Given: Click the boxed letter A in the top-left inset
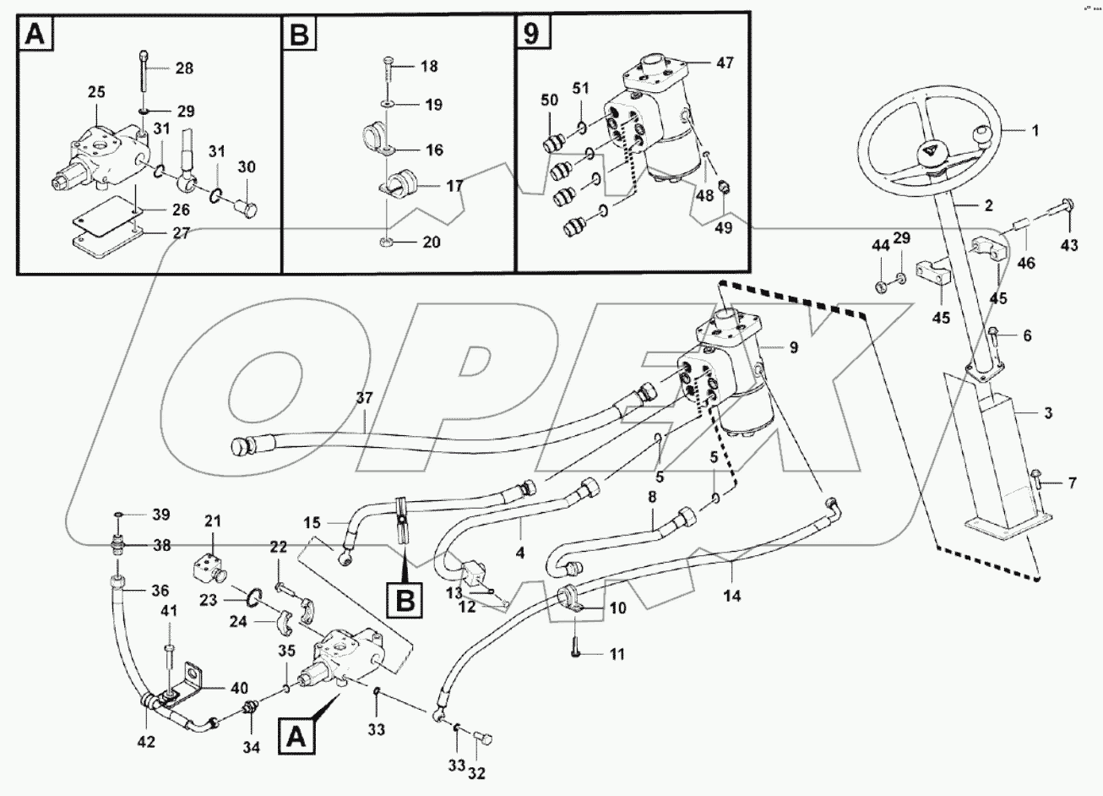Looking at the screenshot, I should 35,34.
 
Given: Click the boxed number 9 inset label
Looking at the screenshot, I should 533,34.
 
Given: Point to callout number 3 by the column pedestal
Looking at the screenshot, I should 1047,413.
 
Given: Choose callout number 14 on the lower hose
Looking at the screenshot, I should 731,595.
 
